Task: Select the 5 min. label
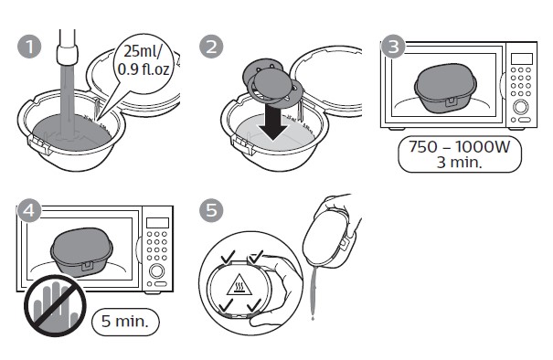tap(125, 321)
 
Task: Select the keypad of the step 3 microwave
tap(522, 86)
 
